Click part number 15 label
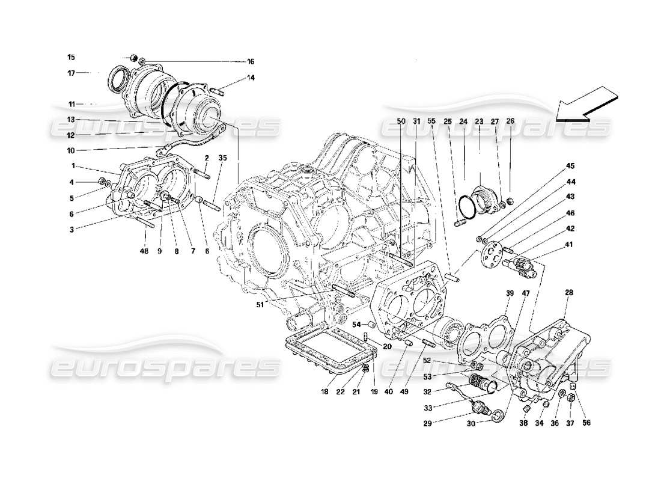click(x=71, y=58)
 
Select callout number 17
click(x=71, y=73)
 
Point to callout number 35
click(x=222, y=158)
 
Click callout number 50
click(x=401, y=121)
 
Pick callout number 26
click(x=510, y=121)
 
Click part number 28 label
click(x=569, y=292)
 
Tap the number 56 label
click(x=586, y=423)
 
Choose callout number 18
click(x=324, y=391)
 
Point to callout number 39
click(x=510, y=293)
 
